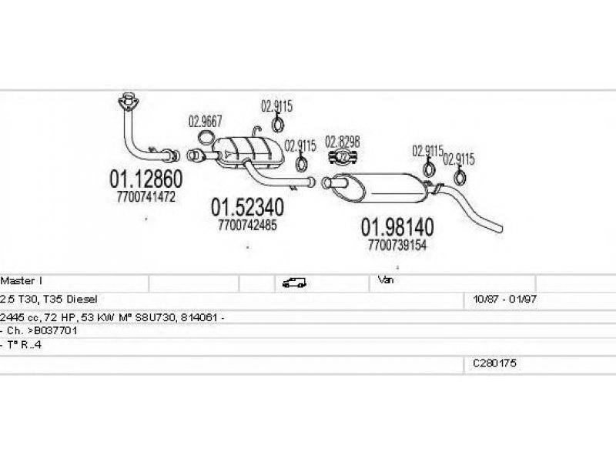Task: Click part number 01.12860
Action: point(146,179)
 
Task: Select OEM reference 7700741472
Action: point(146,196)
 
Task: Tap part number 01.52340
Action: point(247,207)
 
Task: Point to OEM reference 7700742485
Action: point(247,225)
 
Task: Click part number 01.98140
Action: point(397,226)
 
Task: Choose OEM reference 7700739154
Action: point(397,245)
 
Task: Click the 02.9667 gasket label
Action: point(205,122)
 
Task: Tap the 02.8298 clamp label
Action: point(342,142)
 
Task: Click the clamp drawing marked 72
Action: point(343,156)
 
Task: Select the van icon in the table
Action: point(294,283)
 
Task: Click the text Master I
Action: point(22,280)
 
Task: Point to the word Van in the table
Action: point(386,280)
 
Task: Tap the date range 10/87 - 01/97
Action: point(505,299)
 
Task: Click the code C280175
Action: point(494,363)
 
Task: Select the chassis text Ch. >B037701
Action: point(42,330)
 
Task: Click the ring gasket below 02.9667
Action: point(204,138)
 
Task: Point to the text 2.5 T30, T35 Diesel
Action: point(49,299)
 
